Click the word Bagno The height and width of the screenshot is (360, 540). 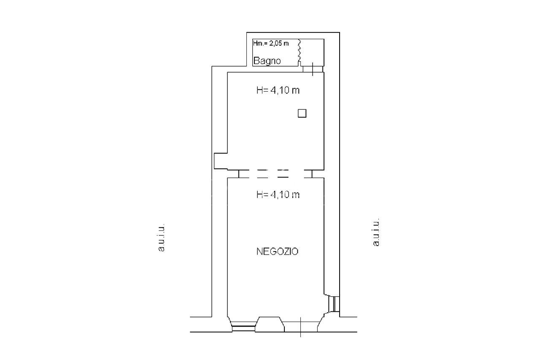pos(267,60)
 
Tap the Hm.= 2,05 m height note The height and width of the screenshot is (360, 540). pos(271,43)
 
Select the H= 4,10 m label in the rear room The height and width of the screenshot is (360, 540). pos(278,90)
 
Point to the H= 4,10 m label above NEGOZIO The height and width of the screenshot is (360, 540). pos(278,194)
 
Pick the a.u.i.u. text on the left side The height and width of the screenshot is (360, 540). pos(161,238)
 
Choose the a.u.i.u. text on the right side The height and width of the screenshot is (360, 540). pos(376,232)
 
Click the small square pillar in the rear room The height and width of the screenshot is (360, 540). pos(302,114)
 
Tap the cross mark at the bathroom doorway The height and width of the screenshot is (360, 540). pos(313,69)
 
